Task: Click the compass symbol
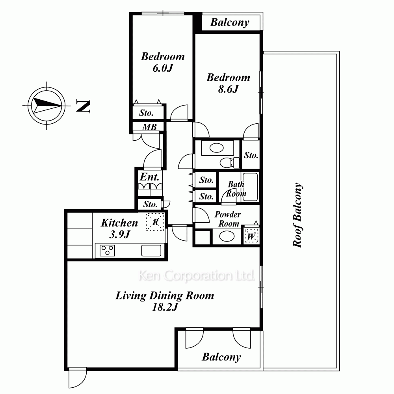pyautogui.click(x=46, y=106)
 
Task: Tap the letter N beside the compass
pyautogui.click(x=83, y=106)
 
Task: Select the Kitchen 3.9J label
pyautogui.click(x=120, y=228)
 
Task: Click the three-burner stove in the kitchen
pyautogui.click(x=107, y=251)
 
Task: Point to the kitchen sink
pyautogui.click(x=151, y=251)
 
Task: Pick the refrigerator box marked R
pyautogui.click(x=155, y=222)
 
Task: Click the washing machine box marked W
pyautogui.click(x=251, y=236)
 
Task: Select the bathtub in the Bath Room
pyautogui.click(x=250, y=187)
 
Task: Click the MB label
pyautogui.click(x=149, y=127)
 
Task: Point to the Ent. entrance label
pyautogui.click(x=149, y=177)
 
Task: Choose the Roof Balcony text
pyautogui.click(x=298, y=215)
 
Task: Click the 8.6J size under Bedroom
pyautogui.click(x=228, y=89)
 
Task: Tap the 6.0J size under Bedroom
pyautogui.click(x=163, y=68)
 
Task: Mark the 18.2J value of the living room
pyautogui.click(x=165, y=307)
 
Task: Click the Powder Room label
pyautogui.click(x=228, y=219)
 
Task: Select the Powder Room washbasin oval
pyautogui.click(x=227, y=236)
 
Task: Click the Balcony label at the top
pyautogui.click(x=230, y=22)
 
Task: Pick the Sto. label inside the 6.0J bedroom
pyautogui.click(x=146, y=113)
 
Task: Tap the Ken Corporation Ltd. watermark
pyautogui.click(x=197, y=275)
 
